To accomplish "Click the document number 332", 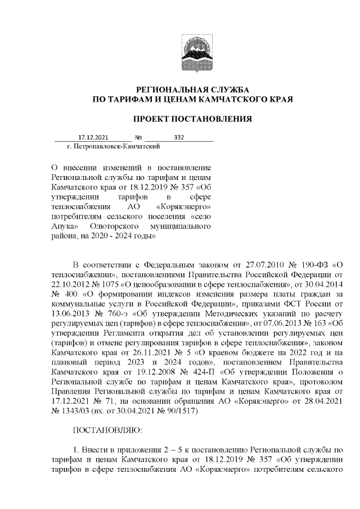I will click(x=179, y=138).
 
